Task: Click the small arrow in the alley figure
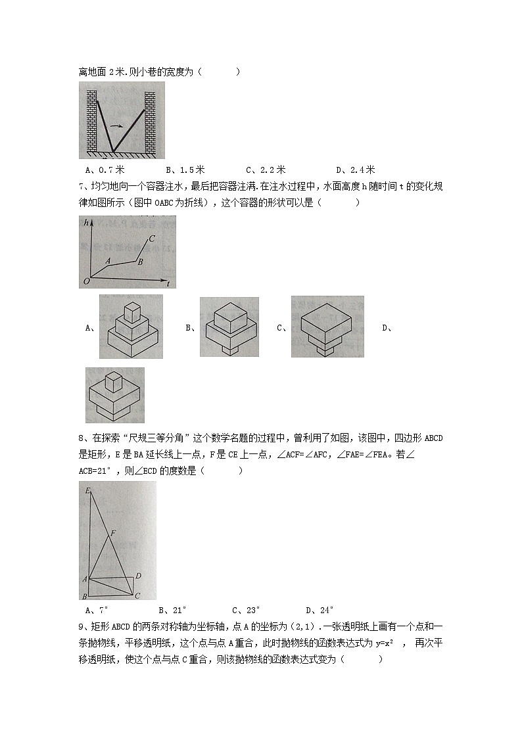(x=116, y=126)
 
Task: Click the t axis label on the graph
(x=169, y=284)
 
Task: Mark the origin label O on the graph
(x=85, y=282)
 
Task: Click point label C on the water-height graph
(x=152, y=239)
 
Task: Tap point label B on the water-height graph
(x=139, y=262)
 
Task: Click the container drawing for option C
(x=327, y=327)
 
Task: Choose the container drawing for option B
(x=229, y=327)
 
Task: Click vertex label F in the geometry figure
(x=114, y=533)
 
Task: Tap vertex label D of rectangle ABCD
(x=139, y=576)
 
